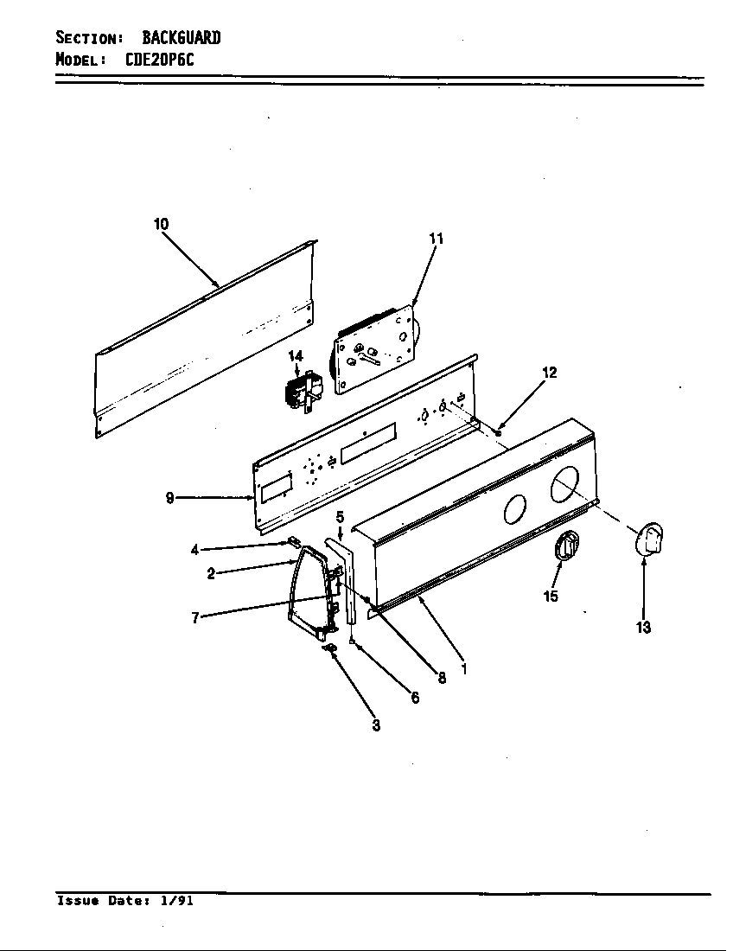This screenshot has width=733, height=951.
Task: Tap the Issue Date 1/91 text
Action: tap(124, 901)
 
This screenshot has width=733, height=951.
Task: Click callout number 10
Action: tap(161, 224)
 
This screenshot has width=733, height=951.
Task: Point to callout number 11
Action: tap(436, 239)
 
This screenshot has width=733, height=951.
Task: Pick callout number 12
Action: tap(549, 373)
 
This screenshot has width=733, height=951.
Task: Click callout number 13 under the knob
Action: tap(643, 629)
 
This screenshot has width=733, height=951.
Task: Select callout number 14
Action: tap(296, 355)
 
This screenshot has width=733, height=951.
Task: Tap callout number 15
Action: tap(551, 597)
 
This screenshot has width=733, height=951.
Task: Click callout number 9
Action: tap(170, 498)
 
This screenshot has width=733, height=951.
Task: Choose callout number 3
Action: tap(376, 726)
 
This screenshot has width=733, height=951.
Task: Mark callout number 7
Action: tap(196, 618)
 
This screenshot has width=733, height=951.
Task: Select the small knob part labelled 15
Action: tap(565, 546)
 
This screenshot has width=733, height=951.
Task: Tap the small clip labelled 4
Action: tap(293, 544)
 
